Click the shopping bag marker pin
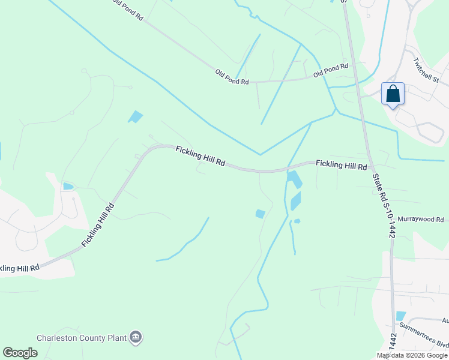coord(393,94)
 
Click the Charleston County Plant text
coord(82,338)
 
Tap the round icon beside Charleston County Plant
coord(136,338)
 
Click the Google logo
coord(20,353)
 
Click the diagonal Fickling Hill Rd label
coord(97,225)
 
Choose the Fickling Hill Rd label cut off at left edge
coord(19,268)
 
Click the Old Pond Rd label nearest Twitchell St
coord(331,70)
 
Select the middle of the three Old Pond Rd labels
coord(232,77)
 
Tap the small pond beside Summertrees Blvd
coord(400,316)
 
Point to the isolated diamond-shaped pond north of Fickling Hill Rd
coord(136,116)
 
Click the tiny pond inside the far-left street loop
coord(68,187)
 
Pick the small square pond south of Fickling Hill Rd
coord(260,214)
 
